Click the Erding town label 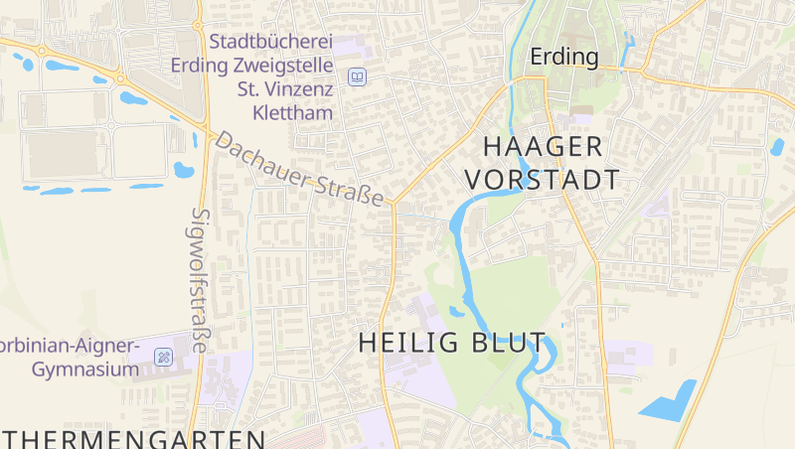coord(564,57)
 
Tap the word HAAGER coord(543,147)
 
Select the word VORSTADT coord(543,180)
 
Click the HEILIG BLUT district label coord(452,343)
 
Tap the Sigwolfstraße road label coord(200,280)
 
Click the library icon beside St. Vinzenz coord(357,76)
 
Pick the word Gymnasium coord(84,371)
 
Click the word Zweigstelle coord(280,66)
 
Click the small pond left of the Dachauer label coord(183,169)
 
